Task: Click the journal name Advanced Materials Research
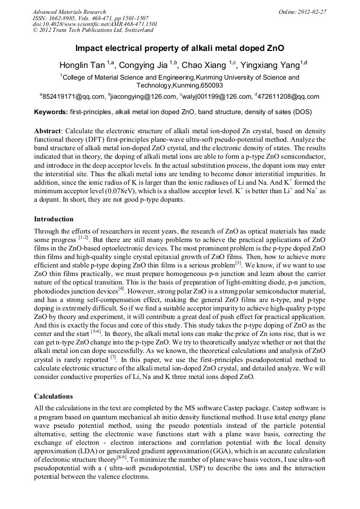[x=69, y=11]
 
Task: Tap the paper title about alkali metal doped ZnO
[x=179, y=48]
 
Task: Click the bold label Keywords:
[x=51, y=112]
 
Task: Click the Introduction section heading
[x=54, y=219]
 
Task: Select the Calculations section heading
[x=53, y=396]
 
